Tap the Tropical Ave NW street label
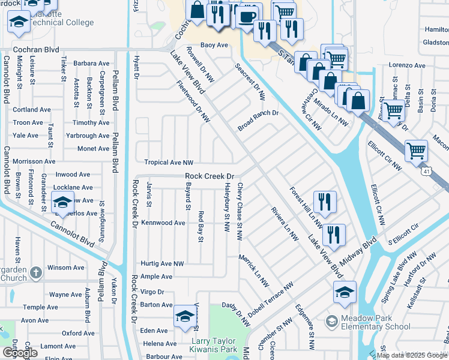169,163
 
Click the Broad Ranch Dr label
258,113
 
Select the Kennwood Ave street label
163,223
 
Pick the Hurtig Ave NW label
162,263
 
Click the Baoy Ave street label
214,45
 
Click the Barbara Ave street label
91,63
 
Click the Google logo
20,352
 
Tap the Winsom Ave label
66,268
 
